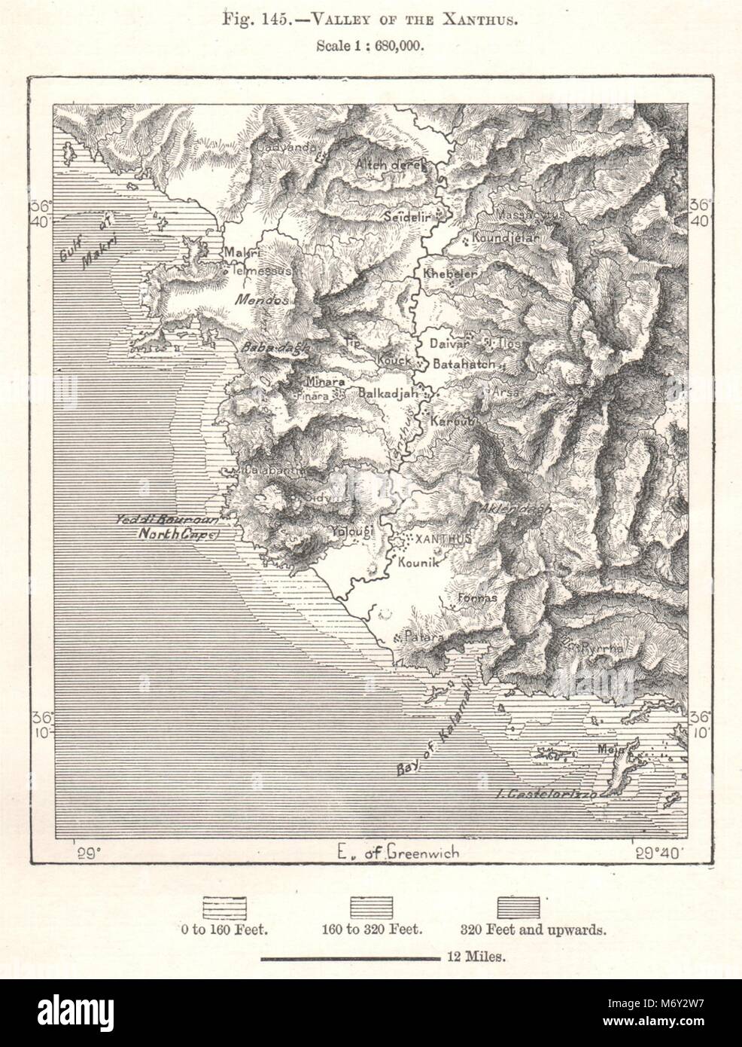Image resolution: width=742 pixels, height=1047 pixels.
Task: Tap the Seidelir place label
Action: (407, 215)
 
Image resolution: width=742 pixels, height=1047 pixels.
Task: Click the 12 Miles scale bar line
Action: (349, 959)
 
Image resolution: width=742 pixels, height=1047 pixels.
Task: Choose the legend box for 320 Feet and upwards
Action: (519, 906)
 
